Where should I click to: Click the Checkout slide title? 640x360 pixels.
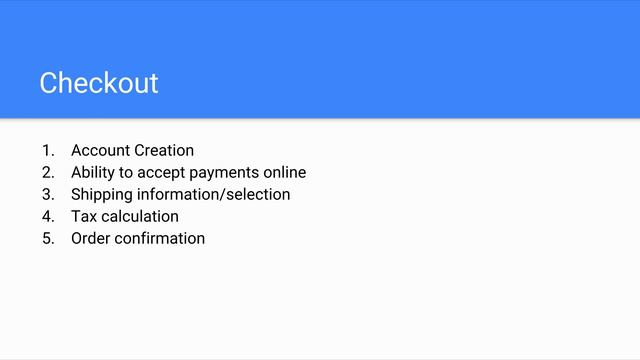click(98, 82)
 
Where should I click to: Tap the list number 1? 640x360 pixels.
click(47, 150)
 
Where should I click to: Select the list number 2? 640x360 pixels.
click(47, 172)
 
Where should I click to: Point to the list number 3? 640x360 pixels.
click(47, 194)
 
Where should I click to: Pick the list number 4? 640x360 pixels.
click(47, 216)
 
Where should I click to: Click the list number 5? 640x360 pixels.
click(47, 238)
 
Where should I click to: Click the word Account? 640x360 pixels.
click(100, 150)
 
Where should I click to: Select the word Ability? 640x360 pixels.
click(93, 173)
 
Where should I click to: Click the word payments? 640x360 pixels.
click(225, 173)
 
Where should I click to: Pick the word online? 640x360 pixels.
click(285, 172)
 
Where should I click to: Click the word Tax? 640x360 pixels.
click(84, 216)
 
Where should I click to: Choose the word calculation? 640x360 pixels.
click(140, 216)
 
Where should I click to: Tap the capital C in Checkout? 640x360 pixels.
click(50, 82)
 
